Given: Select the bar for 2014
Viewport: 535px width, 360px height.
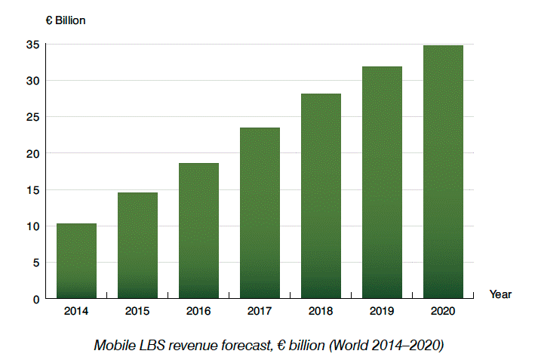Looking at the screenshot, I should tap(76, 260).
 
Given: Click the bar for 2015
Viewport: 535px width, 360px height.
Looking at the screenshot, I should tap(137, 245).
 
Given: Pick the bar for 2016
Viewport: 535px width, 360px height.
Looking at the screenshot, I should tap(198, 230).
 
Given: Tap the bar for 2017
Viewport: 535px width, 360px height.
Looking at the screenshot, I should tap(260, 213).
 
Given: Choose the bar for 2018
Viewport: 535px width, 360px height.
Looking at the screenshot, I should tap(321, 196).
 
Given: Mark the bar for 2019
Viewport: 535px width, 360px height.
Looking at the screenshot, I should tap(382, 183).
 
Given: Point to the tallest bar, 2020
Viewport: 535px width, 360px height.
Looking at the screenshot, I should tap(443, 172).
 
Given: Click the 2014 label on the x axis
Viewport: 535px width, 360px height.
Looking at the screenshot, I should tap(76, 310).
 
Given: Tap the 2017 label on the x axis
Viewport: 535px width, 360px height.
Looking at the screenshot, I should tap(260, 310).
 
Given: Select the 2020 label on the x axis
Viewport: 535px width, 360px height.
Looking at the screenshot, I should tap(443, 310).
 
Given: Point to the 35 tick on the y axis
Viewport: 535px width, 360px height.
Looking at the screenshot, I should tap(32, 45).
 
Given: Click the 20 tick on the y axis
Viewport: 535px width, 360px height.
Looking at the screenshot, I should tap(32, 153).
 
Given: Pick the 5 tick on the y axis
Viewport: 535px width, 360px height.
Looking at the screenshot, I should tap(35, 263).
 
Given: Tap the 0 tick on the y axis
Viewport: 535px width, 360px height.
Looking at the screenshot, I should tap(35, 299).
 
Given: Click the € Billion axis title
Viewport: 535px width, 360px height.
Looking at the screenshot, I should tap(66, 20).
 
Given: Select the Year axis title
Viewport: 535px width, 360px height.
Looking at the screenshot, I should tap(500, 294).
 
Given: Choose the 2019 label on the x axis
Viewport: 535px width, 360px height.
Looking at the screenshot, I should tap(382, 310).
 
